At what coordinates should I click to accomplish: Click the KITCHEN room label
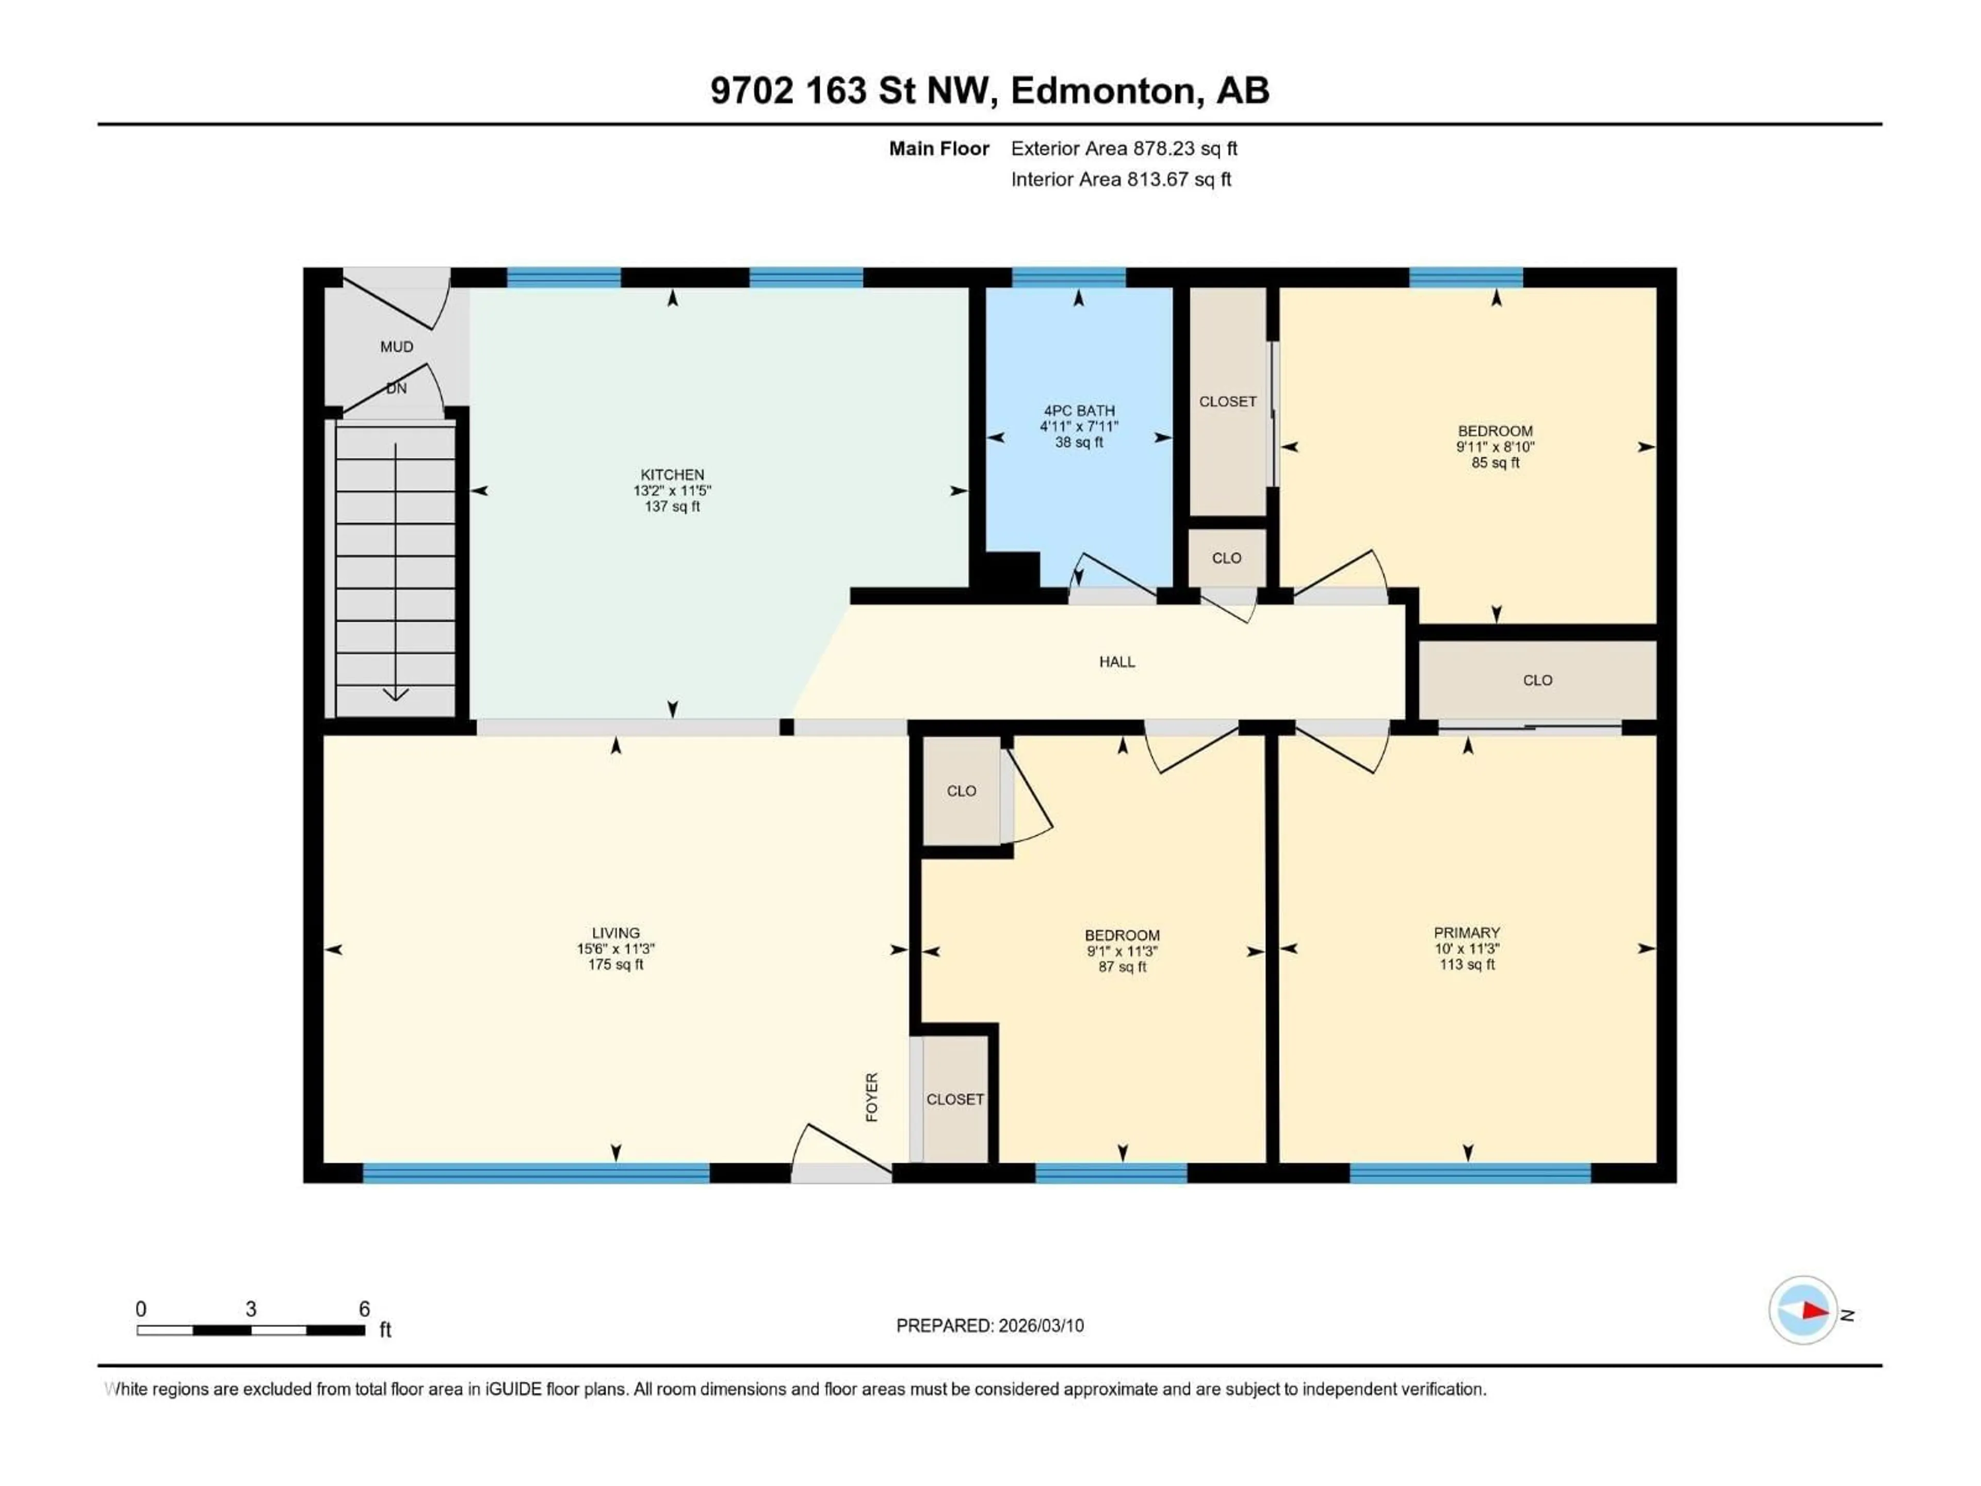click(x=672, y=475)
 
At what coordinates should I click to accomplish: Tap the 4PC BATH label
click(x=1078, y=410)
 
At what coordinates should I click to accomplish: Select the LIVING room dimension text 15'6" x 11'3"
click(x=615, y=948)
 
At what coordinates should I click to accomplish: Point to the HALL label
click(x=1117, y=662)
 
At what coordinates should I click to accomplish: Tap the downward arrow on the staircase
click(x=396, y=693)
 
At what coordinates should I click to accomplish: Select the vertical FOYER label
click(x=871, y=1097)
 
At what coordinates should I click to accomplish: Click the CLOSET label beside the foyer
click(x=955, y=1099)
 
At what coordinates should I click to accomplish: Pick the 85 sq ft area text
click(x=1495, y=463)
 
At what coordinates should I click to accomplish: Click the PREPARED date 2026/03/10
click(x=1037, y=1326)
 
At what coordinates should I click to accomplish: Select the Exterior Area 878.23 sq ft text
click(x=1124, y=149)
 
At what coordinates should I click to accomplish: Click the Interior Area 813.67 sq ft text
click(x=1121, y=179)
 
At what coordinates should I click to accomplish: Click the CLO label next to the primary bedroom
click(x=1537, y=681)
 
